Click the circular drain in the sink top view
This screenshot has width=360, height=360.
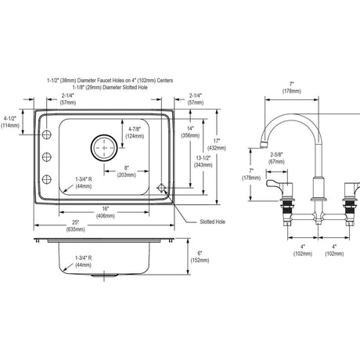(x=104, y=148)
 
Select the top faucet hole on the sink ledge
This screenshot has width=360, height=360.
(x=47, y=135)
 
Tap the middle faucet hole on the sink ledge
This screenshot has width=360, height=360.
(x=47, y=157)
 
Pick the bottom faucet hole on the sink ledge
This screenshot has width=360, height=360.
(x=47, y=179)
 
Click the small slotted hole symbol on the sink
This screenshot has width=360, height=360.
(x=161, y=188)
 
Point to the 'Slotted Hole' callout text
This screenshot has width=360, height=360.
(x=212, y=222)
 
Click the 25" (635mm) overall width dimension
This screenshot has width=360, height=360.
(x=75, y=225)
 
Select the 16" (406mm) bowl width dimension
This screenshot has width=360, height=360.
(x=106, y=212)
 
